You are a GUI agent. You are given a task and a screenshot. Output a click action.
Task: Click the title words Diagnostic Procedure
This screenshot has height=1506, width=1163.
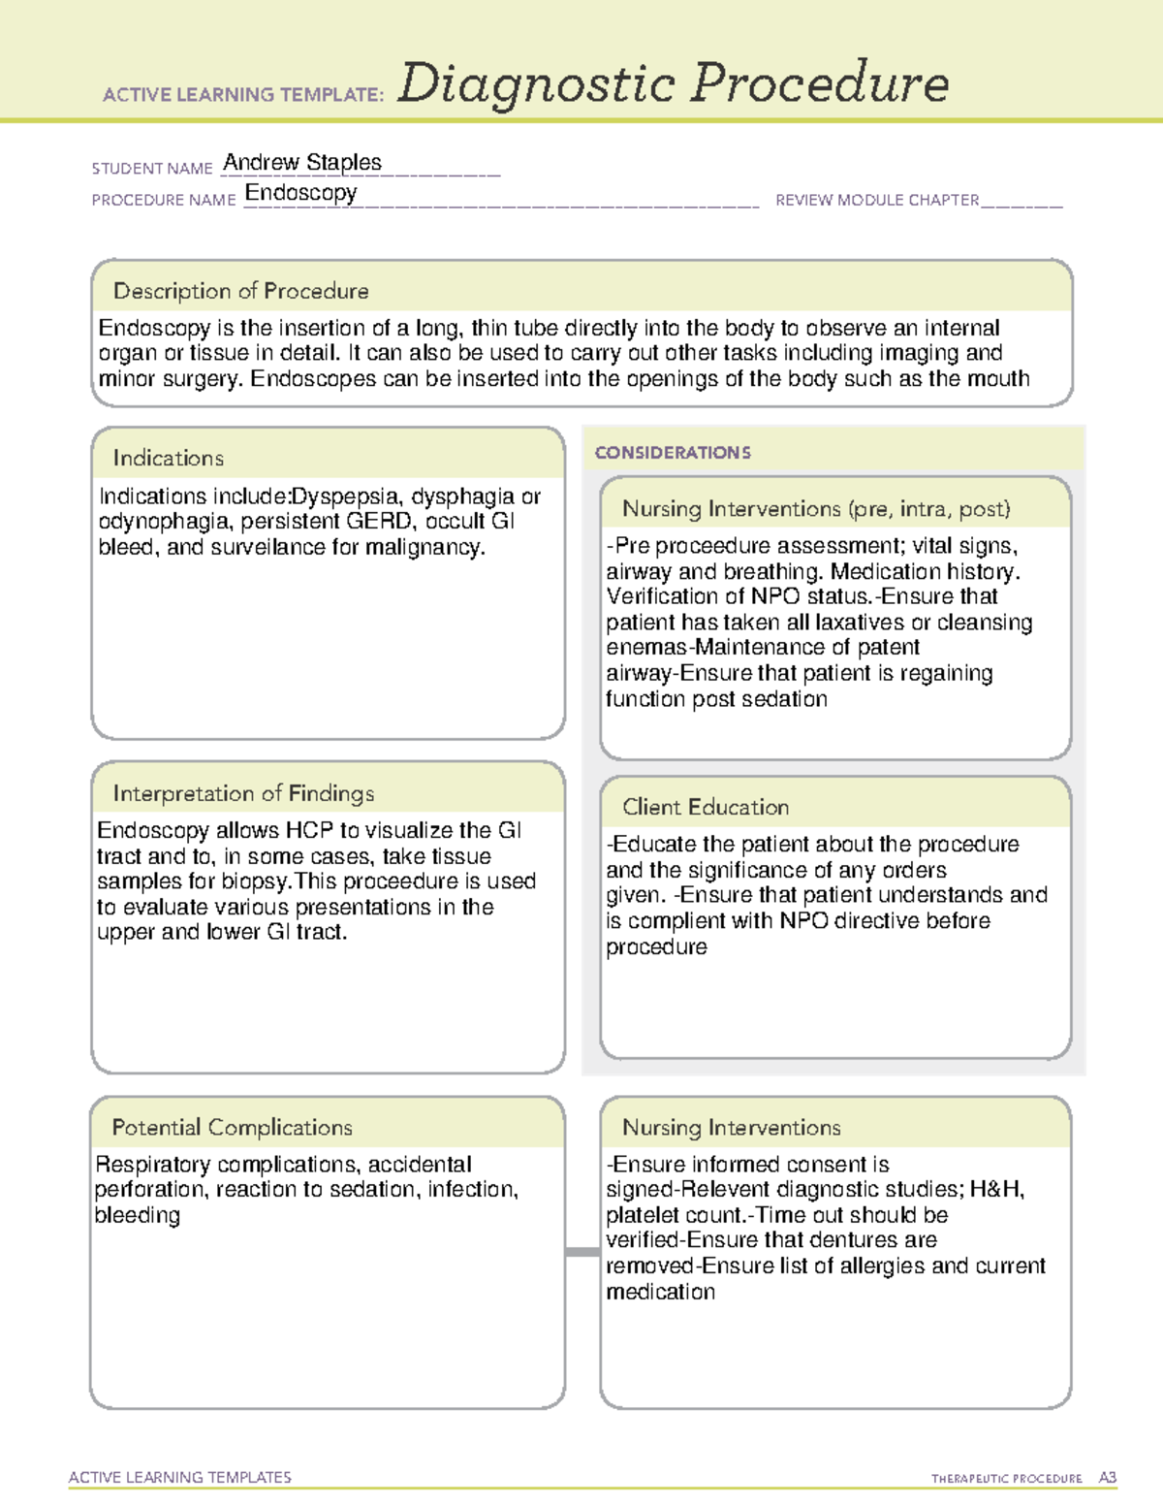tap(673, 83)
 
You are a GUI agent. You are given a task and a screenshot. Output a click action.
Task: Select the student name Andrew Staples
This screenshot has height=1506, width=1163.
tap(302, 162)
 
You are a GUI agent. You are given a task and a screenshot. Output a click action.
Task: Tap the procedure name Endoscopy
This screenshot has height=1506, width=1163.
tap(300, 193)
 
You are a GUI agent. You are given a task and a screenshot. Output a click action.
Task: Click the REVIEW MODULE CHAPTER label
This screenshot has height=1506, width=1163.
tap(877, 200)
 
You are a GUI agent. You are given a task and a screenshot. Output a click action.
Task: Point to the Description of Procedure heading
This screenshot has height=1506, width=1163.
tap(240, 291)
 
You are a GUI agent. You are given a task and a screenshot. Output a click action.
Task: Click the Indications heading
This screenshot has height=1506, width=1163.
tap(168, 458)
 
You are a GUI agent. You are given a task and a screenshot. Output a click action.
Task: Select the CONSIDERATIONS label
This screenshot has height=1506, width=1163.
tap(673, 453)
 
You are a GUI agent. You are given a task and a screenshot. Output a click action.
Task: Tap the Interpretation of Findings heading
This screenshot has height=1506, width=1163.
tap(243, 793)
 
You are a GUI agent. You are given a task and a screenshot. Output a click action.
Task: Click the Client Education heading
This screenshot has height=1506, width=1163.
tap(706, 807)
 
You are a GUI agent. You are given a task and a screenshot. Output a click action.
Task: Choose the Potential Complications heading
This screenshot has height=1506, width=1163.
tap(232, 1127)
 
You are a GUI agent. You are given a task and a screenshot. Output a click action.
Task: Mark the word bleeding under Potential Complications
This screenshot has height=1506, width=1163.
tap(137, 1215)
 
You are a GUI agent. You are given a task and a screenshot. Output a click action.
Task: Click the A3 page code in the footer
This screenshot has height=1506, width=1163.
tap(1107, 1478)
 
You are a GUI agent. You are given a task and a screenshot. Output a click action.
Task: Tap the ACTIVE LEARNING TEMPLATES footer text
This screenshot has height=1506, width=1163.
tap(180, 1477)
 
